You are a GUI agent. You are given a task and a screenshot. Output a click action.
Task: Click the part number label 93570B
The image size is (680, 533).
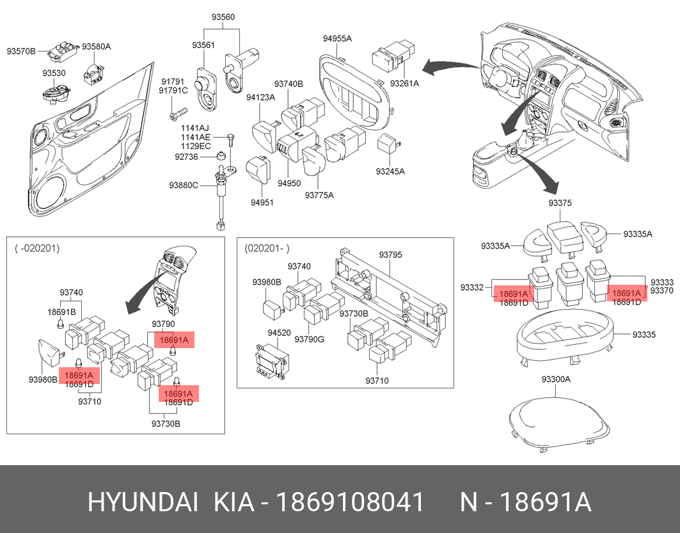pyautogui.click(x=21, y=50)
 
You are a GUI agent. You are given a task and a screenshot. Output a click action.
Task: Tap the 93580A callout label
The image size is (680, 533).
pyautogui.click(x=97, y=47)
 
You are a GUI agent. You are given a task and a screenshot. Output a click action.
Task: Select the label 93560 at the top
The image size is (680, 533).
pyautogui.click(x=224, y=17)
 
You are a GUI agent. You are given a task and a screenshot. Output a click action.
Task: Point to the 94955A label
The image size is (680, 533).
pyautogui.click(x=337, y=38)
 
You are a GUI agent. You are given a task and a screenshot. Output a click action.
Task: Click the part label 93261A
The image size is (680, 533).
pyautogui.click(x=404, y=83)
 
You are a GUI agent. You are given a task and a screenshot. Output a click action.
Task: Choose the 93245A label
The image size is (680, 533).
pyautogui.click(x=390, y=171)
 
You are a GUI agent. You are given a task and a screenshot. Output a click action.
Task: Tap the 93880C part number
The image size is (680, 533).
pyautogui.click(x=184, y=185)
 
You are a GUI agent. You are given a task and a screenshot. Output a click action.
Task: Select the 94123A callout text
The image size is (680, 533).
pyautogui.click(x=260, y=97)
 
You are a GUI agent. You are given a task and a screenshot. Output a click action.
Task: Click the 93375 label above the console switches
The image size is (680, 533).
pyautogui.click(x=560, y=203)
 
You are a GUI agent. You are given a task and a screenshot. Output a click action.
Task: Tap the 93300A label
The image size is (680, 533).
pyautogui.click(x=555, y=379)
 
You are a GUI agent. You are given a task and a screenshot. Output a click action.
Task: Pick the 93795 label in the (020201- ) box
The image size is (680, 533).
pyautogui.click(x=390, y=255)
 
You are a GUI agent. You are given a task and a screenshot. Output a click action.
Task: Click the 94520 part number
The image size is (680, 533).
pyautogui.click(x=279, y=333)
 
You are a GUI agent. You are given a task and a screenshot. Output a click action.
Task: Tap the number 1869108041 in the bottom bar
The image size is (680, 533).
pyautogui.click(x=349, y=503)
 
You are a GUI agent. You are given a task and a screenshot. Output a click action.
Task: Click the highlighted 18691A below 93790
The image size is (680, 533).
pyautogui.click(x=174, y=340)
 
